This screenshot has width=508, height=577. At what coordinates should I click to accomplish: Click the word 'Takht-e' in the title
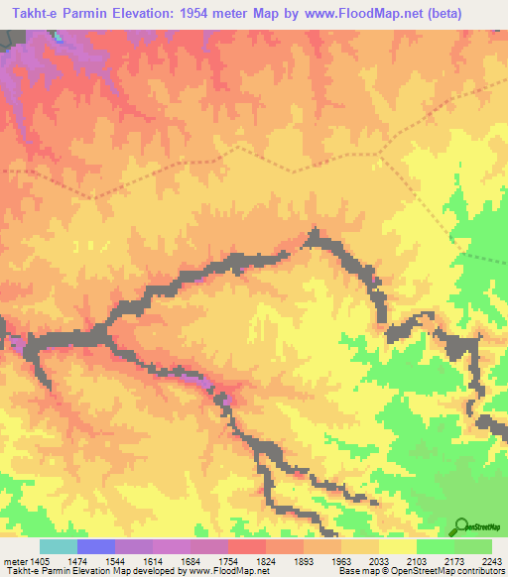point(31,15)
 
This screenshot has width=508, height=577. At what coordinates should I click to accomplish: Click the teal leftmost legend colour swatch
point(58,546)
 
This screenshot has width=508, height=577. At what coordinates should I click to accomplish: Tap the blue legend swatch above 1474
point(95,546)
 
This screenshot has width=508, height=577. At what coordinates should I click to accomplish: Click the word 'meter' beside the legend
point(13,561)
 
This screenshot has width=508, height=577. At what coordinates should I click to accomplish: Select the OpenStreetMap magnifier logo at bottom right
point(460,526)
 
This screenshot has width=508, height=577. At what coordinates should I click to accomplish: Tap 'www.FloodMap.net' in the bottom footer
point(228,572)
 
